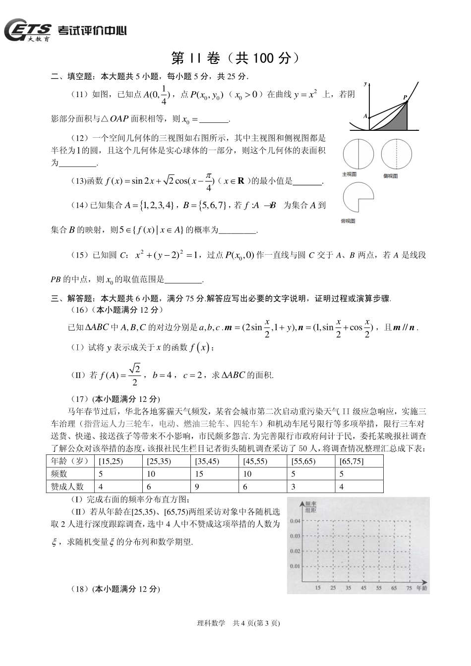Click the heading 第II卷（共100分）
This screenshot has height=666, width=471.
235,58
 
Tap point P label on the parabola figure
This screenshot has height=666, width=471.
405,97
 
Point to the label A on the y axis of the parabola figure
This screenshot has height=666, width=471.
365,116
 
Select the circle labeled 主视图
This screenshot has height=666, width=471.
357,154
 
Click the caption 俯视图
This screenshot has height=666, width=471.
349,221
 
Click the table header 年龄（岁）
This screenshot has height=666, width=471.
70,461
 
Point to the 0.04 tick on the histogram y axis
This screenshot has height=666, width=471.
294,521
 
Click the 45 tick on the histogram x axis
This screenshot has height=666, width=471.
363,588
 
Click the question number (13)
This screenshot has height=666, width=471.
79,181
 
